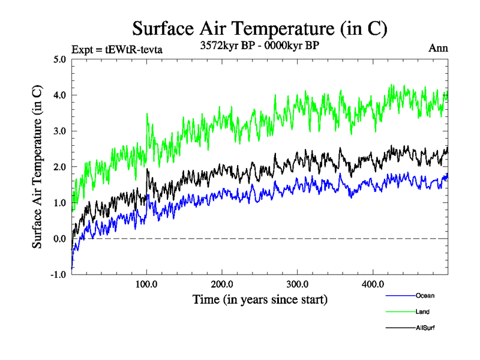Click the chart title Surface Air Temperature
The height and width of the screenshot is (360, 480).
pos(259,28)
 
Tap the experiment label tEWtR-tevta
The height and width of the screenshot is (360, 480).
pos(116,49)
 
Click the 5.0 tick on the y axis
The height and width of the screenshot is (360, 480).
pos(59,59)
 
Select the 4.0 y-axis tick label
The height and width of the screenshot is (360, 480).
pos(59,95)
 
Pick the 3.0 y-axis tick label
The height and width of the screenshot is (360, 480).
pos(59,131)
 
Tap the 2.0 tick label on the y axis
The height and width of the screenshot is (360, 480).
pos(59,167)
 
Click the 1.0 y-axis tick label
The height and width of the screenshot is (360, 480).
pos(59,203)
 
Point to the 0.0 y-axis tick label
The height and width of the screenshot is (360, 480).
pos(59,239)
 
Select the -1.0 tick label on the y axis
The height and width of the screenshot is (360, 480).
pos(58,275)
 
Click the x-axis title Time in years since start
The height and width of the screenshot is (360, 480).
pos(259,298)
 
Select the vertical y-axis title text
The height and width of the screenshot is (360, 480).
pos(37,167)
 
